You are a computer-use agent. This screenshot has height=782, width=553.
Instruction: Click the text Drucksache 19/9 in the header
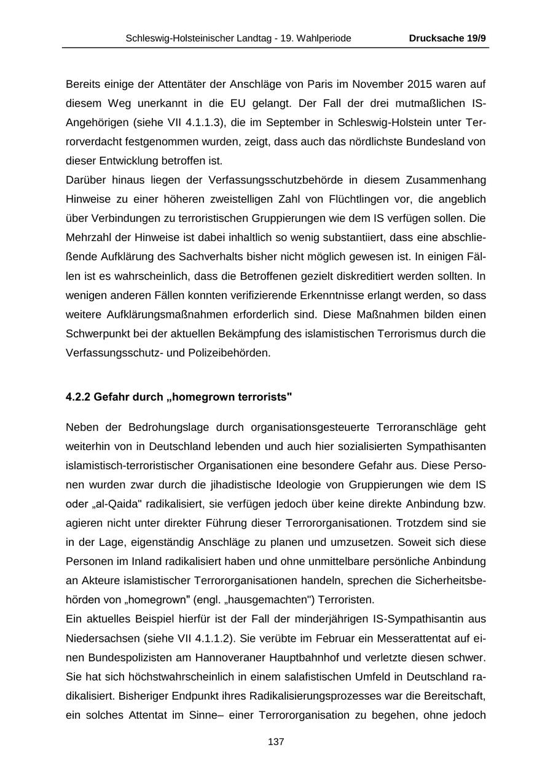tap(447, 38)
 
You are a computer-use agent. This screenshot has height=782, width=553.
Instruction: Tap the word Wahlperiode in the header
tap(325, 38)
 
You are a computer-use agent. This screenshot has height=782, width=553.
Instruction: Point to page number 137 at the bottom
tap(276, 742)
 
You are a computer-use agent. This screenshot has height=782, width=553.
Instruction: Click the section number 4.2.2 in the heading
tap(77, 397)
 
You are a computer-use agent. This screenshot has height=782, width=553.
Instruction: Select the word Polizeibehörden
tap(236, 353)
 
